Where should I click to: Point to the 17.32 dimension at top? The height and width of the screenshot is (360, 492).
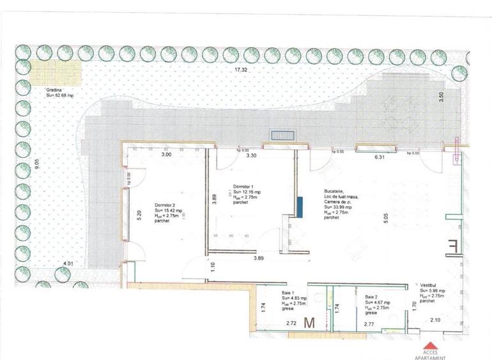click(x=240, y=69)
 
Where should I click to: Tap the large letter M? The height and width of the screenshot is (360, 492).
click(x=311, y=322)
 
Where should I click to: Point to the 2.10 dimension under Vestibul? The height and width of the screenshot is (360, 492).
click(x=436, y=320)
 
